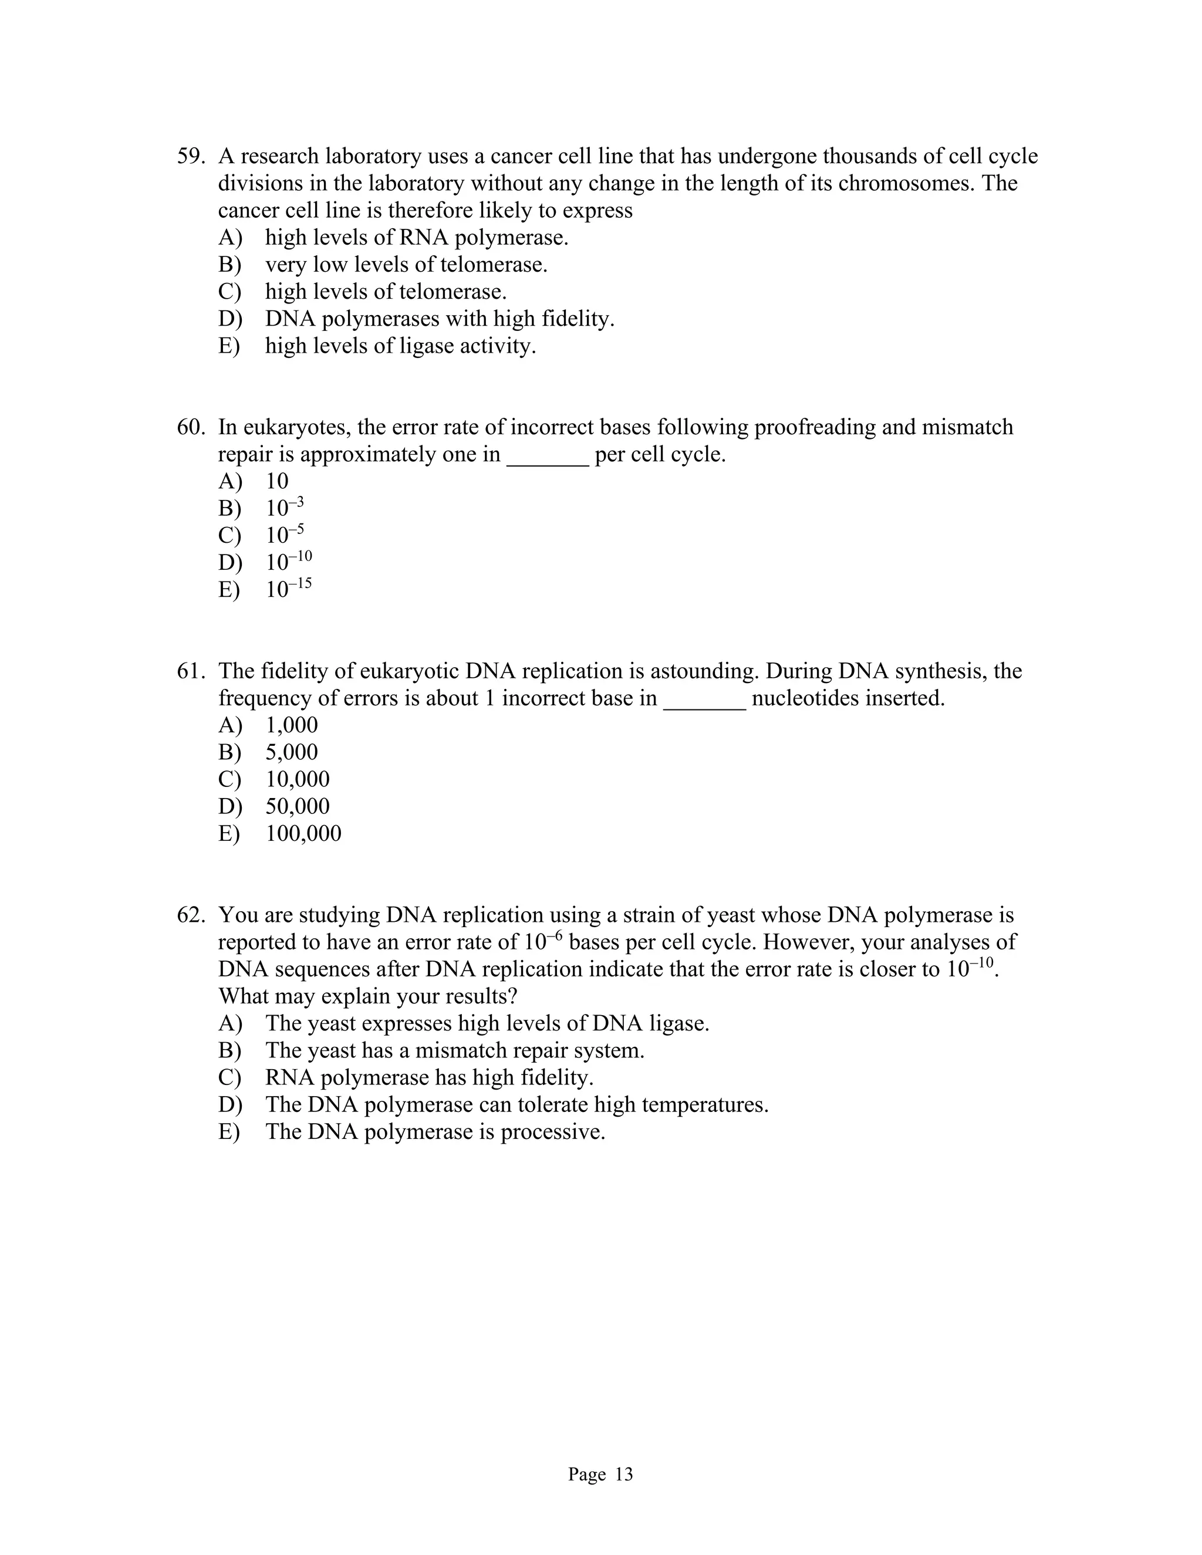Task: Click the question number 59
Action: tap(190, 156)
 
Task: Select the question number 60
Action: tap(190, 427)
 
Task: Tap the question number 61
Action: tap(190, 671)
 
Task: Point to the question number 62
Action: tap(190, 915)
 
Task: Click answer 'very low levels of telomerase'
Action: tap(406, 265)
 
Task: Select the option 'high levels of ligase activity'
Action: tap(400, 346)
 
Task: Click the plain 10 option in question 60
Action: tap(277, 481)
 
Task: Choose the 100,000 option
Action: tap(303, 834)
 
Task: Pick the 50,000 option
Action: tap(297, 807)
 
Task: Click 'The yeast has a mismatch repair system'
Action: tap(454, 1051)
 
